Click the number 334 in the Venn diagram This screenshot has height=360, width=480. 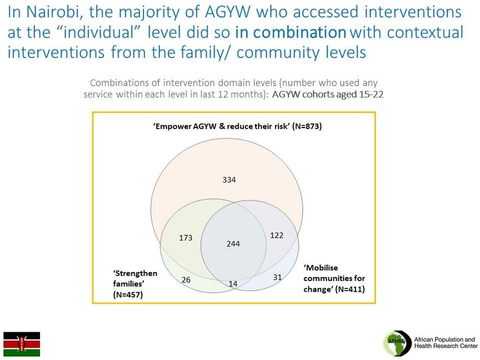point(229,180)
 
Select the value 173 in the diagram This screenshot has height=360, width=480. point(186,238)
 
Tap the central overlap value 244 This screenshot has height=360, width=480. point(233,244)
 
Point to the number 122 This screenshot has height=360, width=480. point(277,235)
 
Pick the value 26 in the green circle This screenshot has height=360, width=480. point(186,280)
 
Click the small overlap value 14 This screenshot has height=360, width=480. point(233,284)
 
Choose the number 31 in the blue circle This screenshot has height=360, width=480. point(277,278)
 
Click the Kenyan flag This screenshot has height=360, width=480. point(21,344)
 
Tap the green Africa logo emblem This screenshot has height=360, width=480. point(397,343)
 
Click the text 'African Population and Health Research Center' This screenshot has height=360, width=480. point(446,343)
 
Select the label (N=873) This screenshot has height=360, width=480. point(307,126)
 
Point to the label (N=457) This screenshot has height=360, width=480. point(128,295)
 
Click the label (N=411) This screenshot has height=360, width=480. point(350,289)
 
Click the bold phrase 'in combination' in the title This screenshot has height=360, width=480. point(290,32)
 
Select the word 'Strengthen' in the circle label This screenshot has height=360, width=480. point(135,274)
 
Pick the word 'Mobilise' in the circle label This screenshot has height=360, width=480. point(321,268)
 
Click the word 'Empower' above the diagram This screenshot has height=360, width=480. point(172,126)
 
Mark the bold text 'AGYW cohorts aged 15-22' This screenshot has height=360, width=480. point(328,94)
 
